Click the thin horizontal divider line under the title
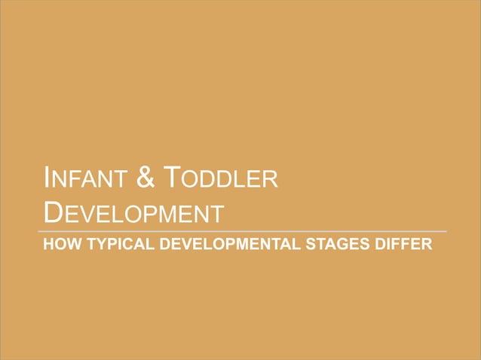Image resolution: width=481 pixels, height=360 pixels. pos(241,230)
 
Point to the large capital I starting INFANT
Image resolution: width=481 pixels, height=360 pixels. pos(48,179)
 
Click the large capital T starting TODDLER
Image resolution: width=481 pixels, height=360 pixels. pos(172,179)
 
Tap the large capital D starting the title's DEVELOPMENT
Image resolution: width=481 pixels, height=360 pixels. pos(52,212)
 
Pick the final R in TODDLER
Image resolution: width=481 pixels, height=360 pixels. pos(271,182)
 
